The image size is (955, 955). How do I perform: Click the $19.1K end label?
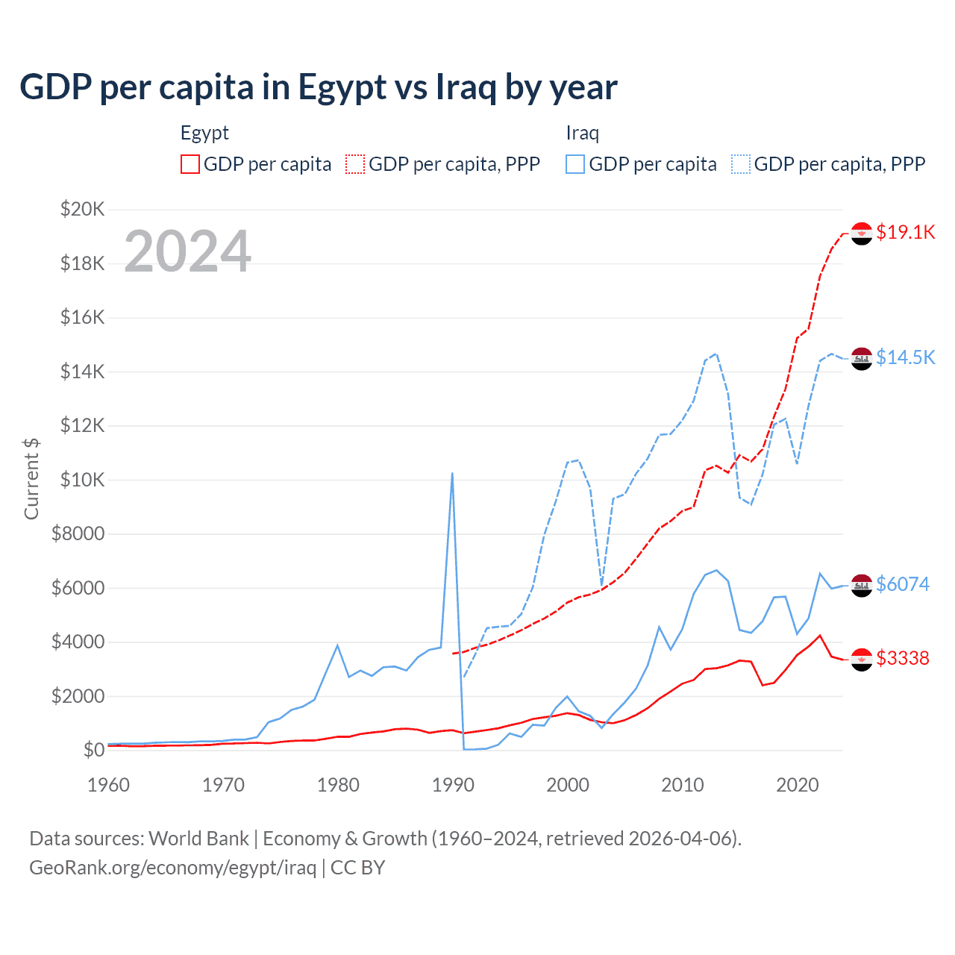905,233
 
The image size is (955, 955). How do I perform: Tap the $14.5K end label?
905,358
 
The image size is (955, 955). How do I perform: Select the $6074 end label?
902,584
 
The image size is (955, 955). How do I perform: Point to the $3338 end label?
902,658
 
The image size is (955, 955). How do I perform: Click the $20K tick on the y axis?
82,209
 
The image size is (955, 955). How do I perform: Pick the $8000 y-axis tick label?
78,534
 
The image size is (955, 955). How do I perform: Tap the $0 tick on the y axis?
93,750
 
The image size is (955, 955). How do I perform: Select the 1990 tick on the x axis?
453,785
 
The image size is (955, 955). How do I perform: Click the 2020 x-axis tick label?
798,785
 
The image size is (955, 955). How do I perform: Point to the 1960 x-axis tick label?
109,785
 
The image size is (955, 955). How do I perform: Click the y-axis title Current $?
31,479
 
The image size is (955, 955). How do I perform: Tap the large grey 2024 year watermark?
187,251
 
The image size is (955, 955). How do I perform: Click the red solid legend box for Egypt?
190,164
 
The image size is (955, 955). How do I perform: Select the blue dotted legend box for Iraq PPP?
741,164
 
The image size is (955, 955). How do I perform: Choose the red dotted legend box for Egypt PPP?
355,164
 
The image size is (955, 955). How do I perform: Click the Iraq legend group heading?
582,133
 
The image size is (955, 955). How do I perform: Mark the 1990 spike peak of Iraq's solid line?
452,473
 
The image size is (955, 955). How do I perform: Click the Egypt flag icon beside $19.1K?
862,234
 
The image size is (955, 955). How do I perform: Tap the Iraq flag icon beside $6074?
862,585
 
